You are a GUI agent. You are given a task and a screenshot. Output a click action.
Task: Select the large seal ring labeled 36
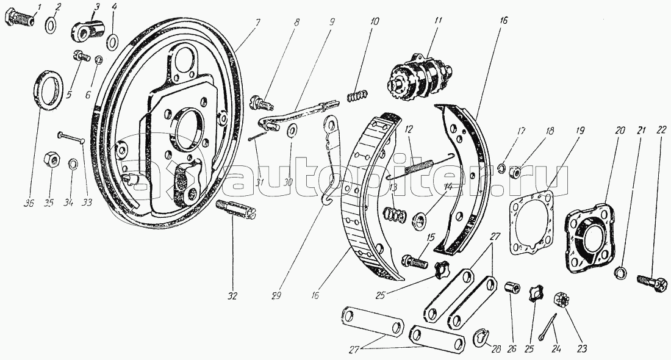click(47, 89)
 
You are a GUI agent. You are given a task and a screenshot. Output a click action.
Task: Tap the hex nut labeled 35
click(51, 161)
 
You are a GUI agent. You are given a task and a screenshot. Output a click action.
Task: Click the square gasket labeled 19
click(532, 222)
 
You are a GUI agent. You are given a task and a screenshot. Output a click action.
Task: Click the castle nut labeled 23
click(559, 300)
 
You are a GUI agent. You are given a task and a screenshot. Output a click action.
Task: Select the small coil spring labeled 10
click(359, 96)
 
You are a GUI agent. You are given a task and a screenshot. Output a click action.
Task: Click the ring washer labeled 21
click(619, 272)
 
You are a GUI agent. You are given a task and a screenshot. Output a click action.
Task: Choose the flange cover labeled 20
click(588, 235)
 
